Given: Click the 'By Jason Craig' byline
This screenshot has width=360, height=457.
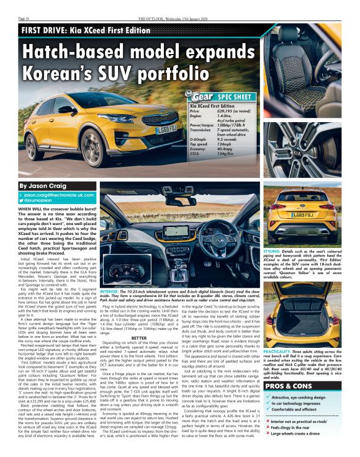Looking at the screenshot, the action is point(43,185).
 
